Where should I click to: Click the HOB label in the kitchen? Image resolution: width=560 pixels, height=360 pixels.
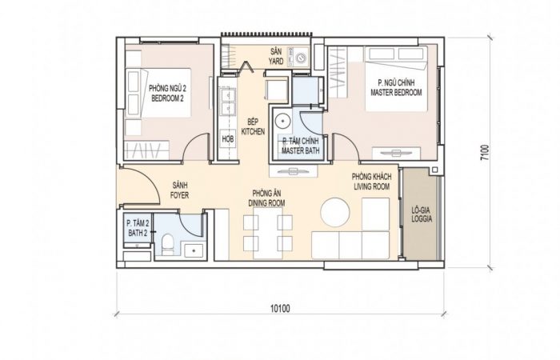click(228, 138)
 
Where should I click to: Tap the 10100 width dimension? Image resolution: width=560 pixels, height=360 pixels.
click(280, 308)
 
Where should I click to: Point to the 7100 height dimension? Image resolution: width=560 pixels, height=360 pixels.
click(484, 153)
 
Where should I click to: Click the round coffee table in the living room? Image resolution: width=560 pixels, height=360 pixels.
click(334, 212)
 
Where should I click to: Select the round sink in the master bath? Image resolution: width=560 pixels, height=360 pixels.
click(283, 121)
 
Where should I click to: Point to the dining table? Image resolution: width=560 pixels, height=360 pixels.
click(268, 234)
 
